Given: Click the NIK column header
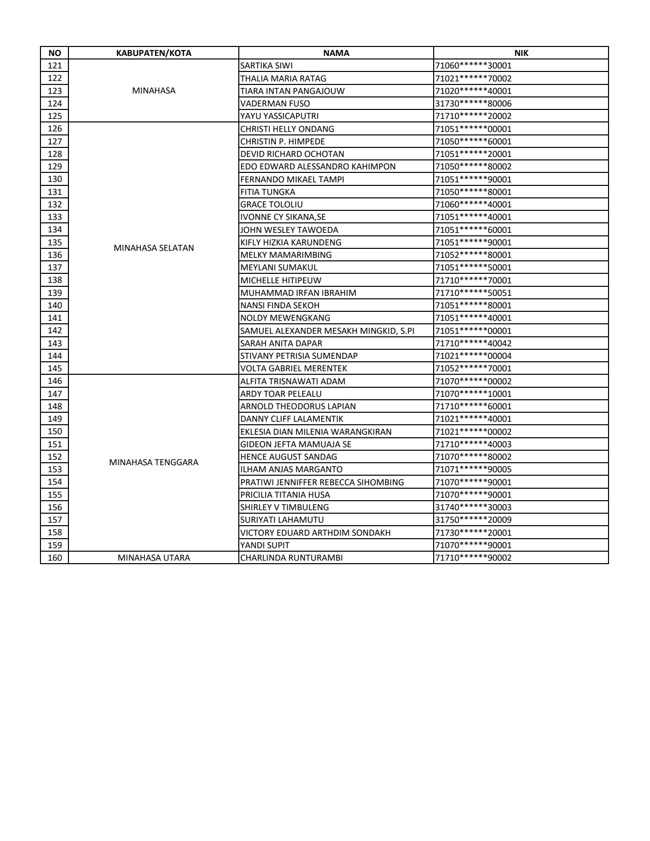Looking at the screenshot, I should pos(521,53).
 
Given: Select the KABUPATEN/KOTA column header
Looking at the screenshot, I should pos(153,53).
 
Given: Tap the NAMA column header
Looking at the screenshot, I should pos(336,53).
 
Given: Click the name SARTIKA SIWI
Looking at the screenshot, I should pos(266,65).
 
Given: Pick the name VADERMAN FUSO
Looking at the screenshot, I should pos(275,103).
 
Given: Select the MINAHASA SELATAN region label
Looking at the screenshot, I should pos(153,248).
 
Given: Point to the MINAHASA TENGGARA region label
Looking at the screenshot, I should pos(153,462).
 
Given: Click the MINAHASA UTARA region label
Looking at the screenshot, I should pos(153,558).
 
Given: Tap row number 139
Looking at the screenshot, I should pos(54,293).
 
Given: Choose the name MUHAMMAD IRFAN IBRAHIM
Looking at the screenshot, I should pos(298,293).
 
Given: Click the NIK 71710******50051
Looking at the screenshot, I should pos(473,293).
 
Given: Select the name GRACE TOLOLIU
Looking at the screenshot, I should pos(271,204).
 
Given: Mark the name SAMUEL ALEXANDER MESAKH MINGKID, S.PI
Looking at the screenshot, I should pos(327,331).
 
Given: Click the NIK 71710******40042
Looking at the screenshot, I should pos(473,343).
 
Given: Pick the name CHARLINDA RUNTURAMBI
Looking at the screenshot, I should pos(291,558).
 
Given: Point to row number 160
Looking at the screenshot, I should pos(54,558).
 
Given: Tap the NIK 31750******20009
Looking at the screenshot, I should pos(473,520).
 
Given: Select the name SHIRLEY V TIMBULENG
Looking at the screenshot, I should pos(284,507).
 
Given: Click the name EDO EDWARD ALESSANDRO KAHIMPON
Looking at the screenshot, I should pos(318,166).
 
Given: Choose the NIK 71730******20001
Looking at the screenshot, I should pos(473,533).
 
